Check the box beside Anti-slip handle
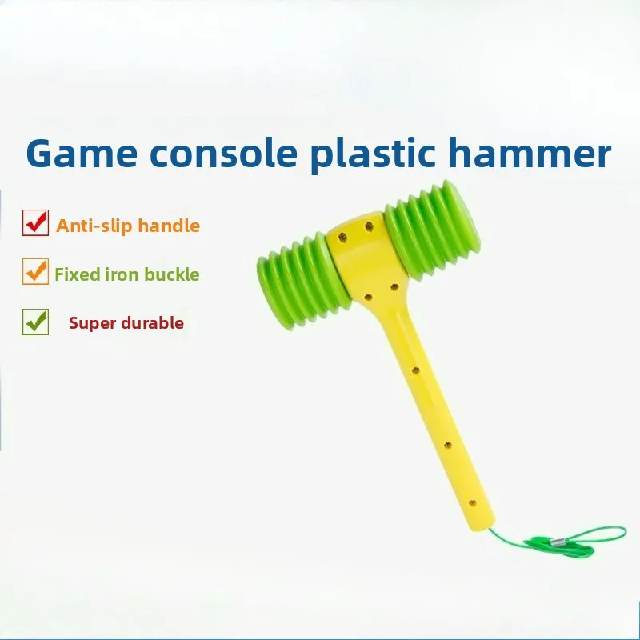35,222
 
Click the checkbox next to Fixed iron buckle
35,272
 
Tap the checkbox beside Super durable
35,321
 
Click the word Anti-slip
86,226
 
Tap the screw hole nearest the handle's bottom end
472,502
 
